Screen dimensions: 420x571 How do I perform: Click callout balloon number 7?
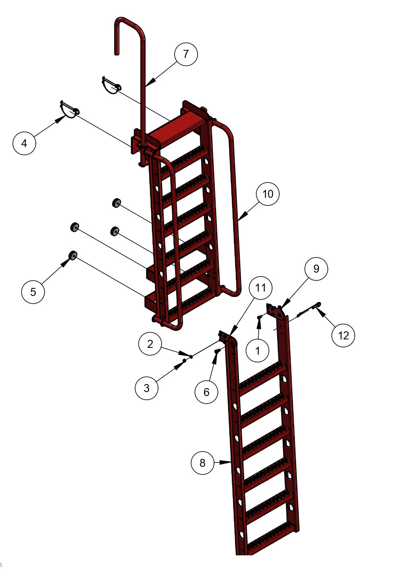pos(186,54)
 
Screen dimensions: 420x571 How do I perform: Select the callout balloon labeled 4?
pos(24,143)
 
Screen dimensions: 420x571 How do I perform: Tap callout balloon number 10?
pos(268,194)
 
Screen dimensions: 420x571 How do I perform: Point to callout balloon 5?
pos(33,292)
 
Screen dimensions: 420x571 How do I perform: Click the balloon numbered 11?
pos(260,288)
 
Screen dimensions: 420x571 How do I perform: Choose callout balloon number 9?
pos(316,269)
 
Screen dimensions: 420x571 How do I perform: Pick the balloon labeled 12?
pos(343,335)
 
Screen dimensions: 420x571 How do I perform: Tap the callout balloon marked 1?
pos(257,350)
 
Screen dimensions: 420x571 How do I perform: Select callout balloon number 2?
pos(150,344)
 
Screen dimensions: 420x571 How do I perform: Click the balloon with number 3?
pos(146,388)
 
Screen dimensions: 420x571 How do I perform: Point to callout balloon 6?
pos(206,392)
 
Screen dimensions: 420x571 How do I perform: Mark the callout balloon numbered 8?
pos(202,463)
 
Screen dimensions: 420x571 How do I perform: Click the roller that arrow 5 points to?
pos(73,255)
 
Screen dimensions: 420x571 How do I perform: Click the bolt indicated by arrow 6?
pos(217,351)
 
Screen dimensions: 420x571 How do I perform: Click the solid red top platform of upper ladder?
pos(177,129)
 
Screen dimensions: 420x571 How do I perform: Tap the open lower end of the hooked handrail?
pos(117,53)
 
